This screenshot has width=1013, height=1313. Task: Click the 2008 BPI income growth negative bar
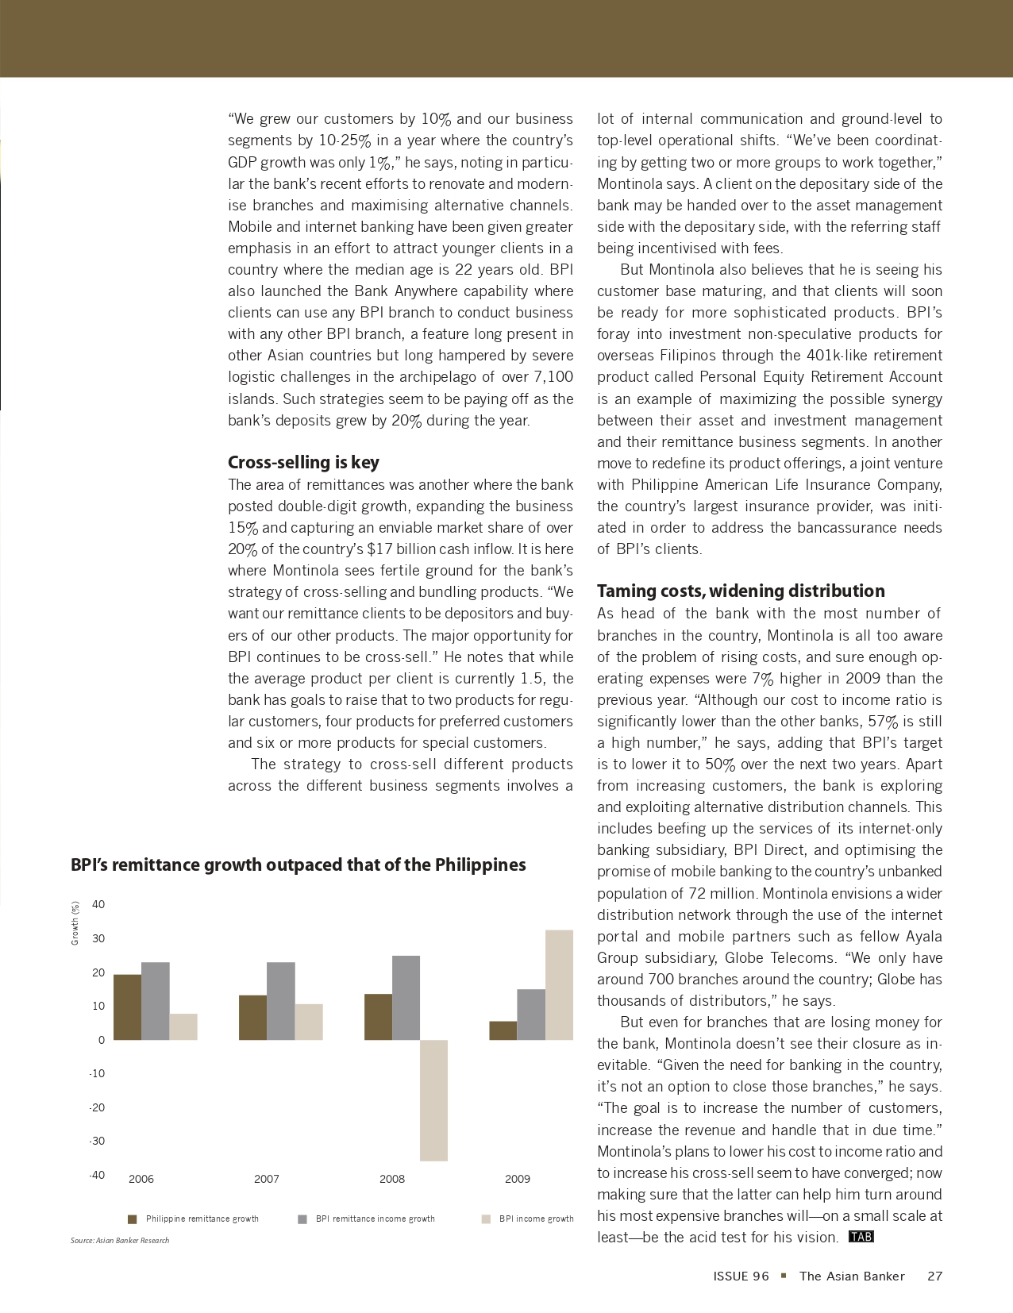click(x=433, y=1099)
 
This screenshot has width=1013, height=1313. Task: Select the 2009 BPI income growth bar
click(x=559, y=984)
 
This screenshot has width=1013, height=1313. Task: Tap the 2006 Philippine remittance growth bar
click(x=127, y=1007)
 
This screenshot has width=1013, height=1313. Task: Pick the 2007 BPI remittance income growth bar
click(x=281, y=1000)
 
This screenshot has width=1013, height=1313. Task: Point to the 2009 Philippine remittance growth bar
click(x=503, y=1030)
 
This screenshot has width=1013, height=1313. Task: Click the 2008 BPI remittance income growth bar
click(x=406, y=997)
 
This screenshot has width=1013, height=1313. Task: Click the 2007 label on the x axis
click(x=267, y=1179)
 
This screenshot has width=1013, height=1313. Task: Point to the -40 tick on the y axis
click(x=97, y=1175)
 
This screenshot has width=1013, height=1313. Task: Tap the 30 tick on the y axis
click(x=98, y=938)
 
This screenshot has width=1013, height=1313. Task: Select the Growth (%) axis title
click(x=75, y=922)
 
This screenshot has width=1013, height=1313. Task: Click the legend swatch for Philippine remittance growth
click(x=133, y=1219)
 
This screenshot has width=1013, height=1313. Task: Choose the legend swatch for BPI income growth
click(x=486, y=1219)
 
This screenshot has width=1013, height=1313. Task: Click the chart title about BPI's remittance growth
click(x=298, y=864)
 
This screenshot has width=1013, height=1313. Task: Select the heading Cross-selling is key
click(x=303, y=462)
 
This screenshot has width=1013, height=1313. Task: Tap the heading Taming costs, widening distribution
click(x=741, y=591)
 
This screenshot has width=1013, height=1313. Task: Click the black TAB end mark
click(x=861, y=1237)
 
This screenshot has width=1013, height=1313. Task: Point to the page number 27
click(x=934, y=1276)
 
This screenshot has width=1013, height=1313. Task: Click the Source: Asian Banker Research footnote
click(x=120, y=1240)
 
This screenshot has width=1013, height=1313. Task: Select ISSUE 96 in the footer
click(x=741, y=1276)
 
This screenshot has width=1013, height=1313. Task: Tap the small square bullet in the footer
click(x=784, y=1276)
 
